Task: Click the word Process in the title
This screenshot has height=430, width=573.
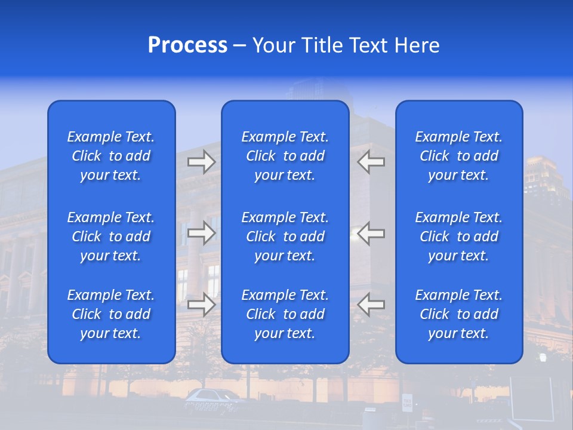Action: coord(187,45)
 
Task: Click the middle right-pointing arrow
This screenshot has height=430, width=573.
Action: coord(202,234)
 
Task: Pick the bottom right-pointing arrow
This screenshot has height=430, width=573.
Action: coord(202,305)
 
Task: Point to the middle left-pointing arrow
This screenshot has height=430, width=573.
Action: coord(371,234)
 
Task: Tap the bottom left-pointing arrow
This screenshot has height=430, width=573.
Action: coord(371,305)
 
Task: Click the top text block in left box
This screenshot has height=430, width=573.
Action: coord(111,156)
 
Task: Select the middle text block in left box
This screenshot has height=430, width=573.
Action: coord(111,236)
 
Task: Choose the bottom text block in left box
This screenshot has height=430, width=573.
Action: coord(111,314)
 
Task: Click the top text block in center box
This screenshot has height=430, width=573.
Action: coord(285,156)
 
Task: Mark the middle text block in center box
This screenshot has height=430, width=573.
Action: coord(285,236)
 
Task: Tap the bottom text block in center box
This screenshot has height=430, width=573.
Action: coord(285,314)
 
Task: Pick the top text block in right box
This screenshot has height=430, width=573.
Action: coord(459,156)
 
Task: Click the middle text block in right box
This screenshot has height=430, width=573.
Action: coord(459,236)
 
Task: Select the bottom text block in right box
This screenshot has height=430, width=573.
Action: coord(459,314)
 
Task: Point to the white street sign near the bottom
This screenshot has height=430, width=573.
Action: coord(407,403)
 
